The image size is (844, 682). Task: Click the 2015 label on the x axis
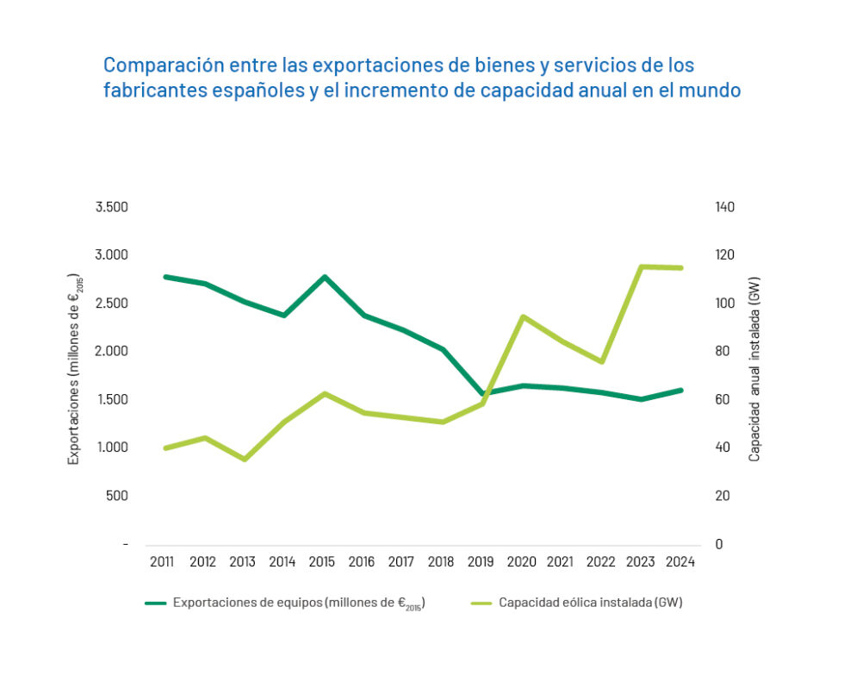pyautogui.click(x=321, y=562)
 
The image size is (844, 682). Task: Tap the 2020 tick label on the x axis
pyautogui.click(x=521, y=562)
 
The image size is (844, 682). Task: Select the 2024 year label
pyautogui.click(x=680, y=562)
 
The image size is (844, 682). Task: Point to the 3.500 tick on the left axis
pyautogui.click(x=111, y=207)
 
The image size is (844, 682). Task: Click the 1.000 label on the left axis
pyautogui.click(x=111, y=447)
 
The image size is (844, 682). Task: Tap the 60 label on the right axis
pyautogui.click(x=722, y=399)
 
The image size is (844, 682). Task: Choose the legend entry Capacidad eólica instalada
pyautogui.click(x=590, y=603)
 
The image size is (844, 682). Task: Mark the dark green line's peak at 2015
pyautogui.click(x=321, y=277)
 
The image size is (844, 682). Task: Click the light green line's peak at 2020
pyautogui.click(x=521, y=316)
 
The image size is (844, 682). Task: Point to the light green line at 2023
pyautogui.click(x=641, y=266)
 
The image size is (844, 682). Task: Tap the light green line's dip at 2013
pyautogui.click(x=244, y=460)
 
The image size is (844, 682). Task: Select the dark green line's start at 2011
pyautogui.click(x=164, y=277)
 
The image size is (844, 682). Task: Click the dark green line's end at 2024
pyautogui.click(x=680, y=390)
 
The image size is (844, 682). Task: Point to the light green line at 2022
pyautogui.click(x=601, y=362)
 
